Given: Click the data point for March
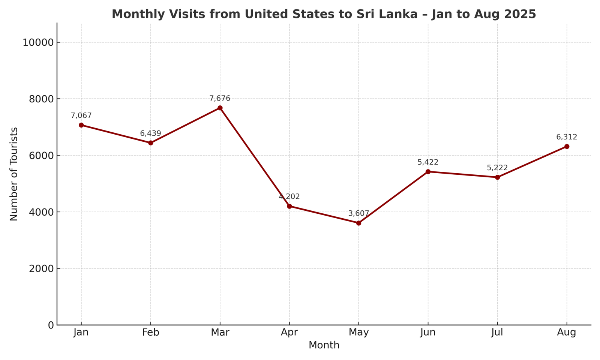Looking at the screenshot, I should point(220,108).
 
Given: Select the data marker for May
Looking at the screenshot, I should point(358,223).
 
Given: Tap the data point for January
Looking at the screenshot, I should point(81,125).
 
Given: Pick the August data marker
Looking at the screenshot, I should point(567,147).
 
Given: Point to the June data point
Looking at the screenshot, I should point(428,172).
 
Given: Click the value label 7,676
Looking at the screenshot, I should point(220,99).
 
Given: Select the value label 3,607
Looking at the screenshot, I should point(358,214).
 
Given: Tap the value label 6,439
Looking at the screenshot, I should point(150,133).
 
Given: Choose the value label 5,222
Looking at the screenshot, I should point(497,168).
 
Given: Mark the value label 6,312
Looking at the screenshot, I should point(567,137).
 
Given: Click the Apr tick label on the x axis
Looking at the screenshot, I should point(289,333).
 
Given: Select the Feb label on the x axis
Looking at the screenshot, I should point(150,333).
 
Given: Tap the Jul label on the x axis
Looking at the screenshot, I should point(497,333).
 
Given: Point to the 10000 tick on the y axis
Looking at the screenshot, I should point(38,42).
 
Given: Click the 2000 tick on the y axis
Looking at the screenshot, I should point(41,268).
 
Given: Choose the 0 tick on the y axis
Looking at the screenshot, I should point(51,325).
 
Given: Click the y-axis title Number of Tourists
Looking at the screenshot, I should point(14,174).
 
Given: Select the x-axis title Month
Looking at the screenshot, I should point(324,345).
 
